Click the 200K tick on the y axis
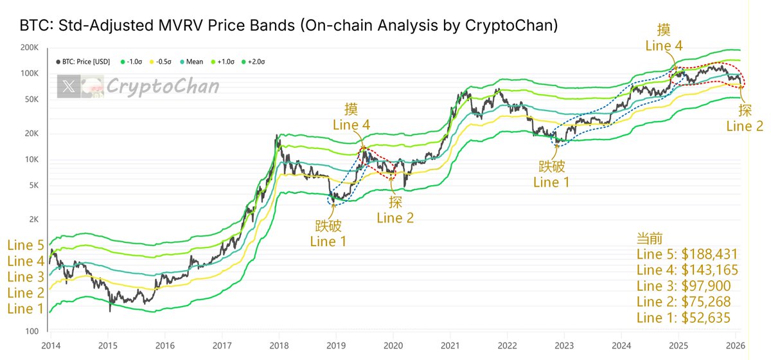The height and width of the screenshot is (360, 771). [x=28, y=48]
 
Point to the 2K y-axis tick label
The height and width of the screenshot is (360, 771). [x=31, y=219]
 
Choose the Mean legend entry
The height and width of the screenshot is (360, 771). [x=191, y=62]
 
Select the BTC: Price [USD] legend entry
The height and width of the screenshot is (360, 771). [x=87, y=62]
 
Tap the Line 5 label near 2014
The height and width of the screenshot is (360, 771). [x=25, y=245]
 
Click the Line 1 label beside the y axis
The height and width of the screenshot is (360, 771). [x=25, y=309]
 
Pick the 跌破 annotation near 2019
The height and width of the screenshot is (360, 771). [x=328, y=226]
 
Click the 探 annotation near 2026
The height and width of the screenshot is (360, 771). [x=744, y=109]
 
